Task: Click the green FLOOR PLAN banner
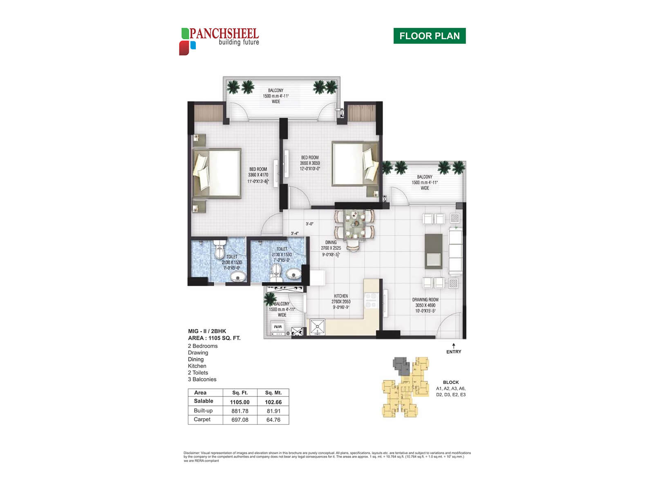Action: click(x=429, y=36)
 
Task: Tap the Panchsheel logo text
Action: click(x=224, y=34)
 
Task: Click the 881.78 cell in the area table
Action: click(x=240, y=411)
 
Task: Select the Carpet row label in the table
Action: click(x=202, y=419)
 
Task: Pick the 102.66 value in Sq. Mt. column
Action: click(x=273, y=402)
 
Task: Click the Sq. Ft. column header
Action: click(x=240, y=393)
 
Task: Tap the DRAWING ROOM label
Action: click(x=425, y=300)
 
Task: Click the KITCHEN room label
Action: click(x=341, y=296)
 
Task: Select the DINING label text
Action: click(x=331, y=242)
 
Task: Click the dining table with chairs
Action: click(x=354, y=229)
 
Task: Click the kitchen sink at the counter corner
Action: click(x=317, y=327)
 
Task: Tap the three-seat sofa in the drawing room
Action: click(x=455, y=251)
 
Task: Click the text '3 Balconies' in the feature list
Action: click(x=202, y=379)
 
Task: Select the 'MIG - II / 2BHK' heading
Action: click(x=207, y=331)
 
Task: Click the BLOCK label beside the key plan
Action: click(x=450, y=383)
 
